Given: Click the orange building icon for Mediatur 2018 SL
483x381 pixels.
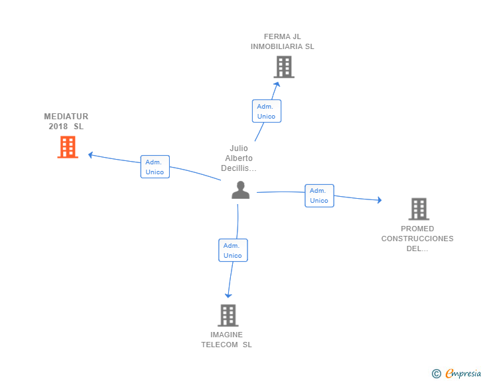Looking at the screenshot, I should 68,147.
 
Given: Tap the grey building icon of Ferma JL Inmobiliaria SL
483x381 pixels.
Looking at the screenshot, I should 284,67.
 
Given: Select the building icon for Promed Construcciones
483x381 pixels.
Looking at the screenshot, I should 419,209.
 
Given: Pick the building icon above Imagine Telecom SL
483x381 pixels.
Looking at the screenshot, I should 228,315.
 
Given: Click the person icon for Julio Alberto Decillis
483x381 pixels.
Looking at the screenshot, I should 240,190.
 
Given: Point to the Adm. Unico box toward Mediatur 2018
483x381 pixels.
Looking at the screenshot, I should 155,167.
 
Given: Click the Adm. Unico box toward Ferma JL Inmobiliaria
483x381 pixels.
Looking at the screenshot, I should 266,111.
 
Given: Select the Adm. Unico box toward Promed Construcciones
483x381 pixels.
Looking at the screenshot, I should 319,195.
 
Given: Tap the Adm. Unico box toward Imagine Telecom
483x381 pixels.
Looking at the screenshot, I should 233,250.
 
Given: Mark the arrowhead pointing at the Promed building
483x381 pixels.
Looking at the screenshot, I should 378,200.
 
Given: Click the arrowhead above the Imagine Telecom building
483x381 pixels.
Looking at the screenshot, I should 228,295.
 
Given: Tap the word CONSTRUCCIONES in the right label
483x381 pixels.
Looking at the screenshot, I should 417,239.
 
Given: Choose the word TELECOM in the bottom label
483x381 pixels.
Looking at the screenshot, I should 220,345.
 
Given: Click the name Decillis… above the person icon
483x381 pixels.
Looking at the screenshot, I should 239,168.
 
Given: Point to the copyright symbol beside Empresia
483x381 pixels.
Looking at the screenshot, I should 436,374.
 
